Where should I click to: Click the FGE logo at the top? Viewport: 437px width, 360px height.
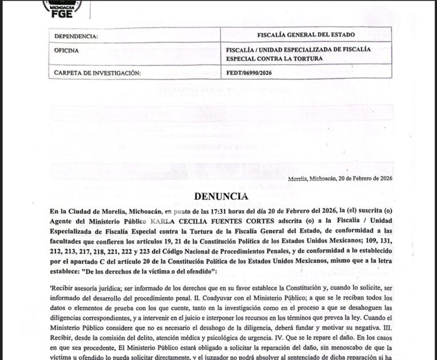coord(62,8)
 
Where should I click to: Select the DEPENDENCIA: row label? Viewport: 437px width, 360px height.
coord(76,37)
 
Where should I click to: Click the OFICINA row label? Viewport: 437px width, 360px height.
coord(66,50)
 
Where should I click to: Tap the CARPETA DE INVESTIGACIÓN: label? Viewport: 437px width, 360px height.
coord(97,73)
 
